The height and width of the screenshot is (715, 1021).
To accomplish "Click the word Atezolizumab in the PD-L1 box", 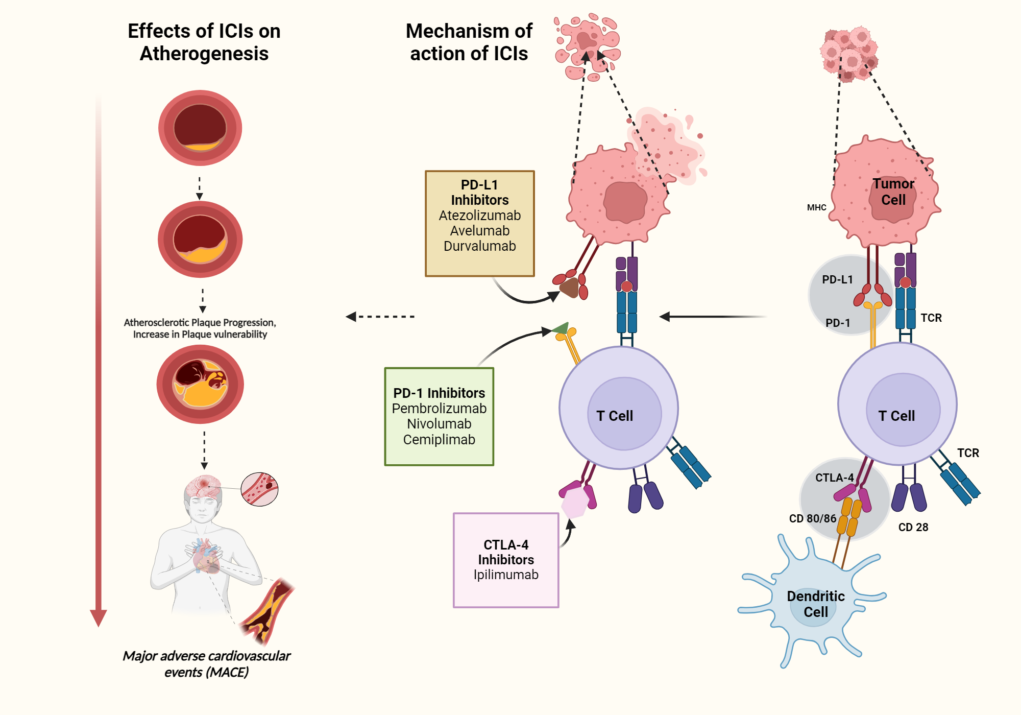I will click(x=479, y=216).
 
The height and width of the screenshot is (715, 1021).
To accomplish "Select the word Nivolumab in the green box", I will click(x=439, y=424).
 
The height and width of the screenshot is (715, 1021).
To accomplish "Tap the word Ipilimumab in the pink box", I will click(x=506, y=575).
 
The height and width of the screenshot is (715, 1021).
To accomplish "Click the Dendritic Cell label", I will click(x=815, y=604).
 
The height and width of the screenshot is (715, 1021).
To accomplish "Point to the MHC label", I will click(x=816, y=207).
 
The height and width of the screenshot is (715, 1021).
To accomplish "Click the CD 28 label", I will click(x=913, y=527).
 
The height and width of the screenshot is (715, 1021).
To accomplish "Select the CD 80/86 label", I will click(x=812, y=518).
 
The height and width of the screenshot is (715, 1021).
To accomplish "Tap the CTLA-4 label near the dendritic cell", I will click(x=834, y=478).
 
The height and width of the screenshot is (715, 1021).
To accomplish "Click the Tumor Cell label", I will click(x=893, y=192).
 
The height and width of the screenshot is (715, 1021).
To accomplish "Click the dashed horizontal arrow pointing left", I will click(x=380, y=317).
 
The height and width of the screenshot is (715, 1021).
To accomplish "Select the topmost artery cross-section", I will click(x=200, y=128).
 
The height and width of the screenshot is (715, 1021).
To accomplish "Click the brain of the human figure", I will click(x=203, y=485).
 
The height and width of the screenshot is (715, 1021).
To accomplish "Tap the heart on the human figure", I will click(x=206, y=557).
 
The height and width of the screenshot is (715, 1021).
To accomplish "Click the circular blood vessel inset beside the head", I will click(x=259, y=489).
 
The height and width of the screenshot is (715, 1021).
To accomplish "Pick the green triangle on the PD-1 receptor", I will click(x=561, y=328).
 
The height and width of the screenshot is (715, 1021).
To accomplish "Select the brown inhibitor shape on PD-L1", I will click(x=569, y=288).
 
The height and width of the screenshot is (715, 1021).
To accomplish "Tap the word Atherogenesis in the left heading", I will click(x=204, y=54).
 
